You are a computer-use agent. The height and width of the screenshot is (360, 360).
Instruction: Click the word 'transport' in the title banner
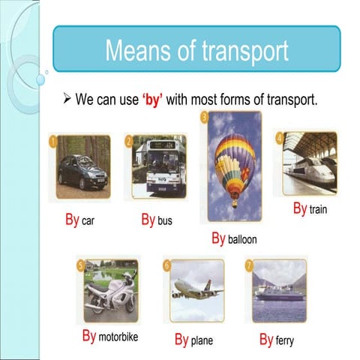245,51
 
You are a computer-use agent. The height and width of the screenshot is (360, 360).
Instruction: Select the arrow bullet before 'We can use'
66,100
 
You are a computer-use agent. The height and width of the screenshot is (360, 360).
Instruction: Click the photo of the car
82,169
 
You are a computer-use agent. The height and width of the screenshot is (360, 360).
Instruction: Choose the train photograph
310,163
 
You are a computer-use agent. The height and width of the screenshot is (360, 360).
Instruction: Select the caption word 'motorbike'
118,337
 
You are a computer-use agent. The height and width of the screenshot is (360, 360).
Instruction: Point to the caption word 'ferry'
284,340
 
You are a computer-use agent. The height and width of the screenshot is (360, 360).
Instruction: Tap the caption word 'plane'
202,341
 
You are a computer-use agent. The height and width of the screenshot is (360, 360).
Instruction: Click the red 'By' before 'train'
299,208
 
